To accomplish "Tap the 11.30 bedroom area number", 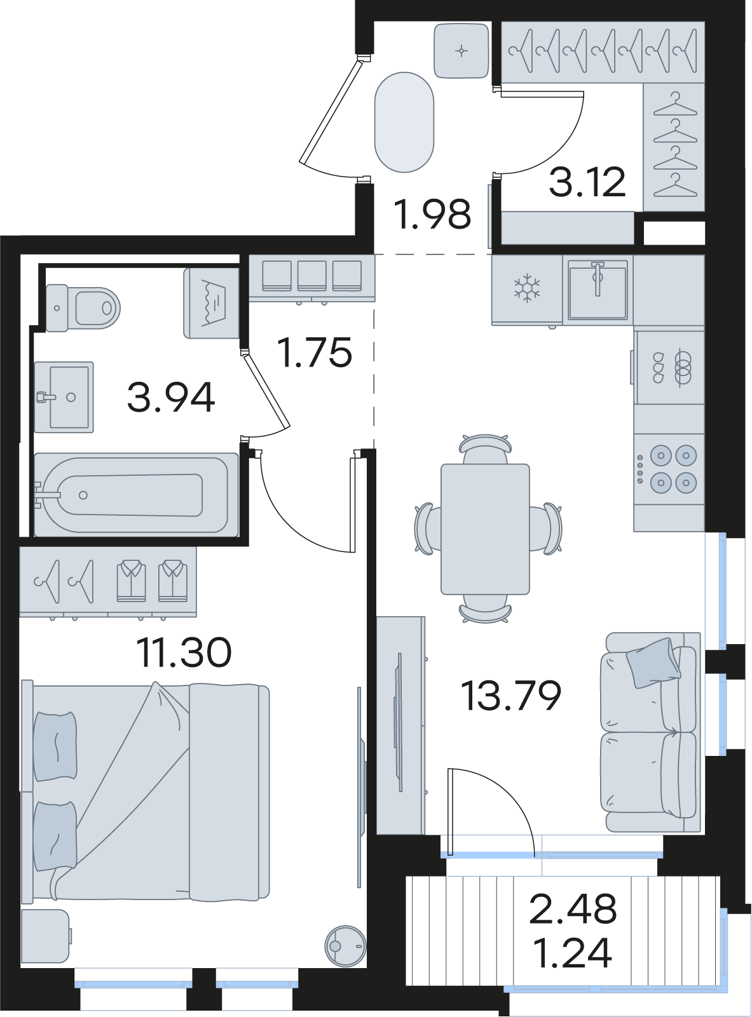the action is point(184,652).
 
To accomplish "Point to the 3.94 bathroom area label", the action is point(171,397).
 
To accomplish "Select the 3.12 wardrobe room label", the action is point(587,182).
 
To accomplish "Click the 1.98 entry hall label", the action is point(433,213).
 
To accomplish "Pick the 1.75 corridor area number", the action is point(315,352).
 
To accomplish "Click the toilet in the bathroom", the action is point(83,307).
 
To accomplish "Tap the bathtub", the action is point(136,495).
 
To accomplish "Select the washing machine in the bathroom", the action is point(212,303).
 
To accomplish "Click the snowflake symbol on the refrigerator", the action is point(527,288).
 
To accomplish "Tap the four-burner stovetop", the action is point(669,469).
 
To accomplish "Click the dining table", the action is point(485,529).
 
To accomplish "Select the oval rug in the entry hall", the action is point(404,122).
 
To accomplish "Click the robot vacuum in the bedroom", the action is point(346,945).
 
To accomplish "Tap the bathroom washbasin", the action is point(64,397).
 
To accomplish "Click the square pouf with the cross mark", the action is point(461,50).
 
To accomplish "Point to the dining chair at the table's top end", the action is point(485,449).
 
